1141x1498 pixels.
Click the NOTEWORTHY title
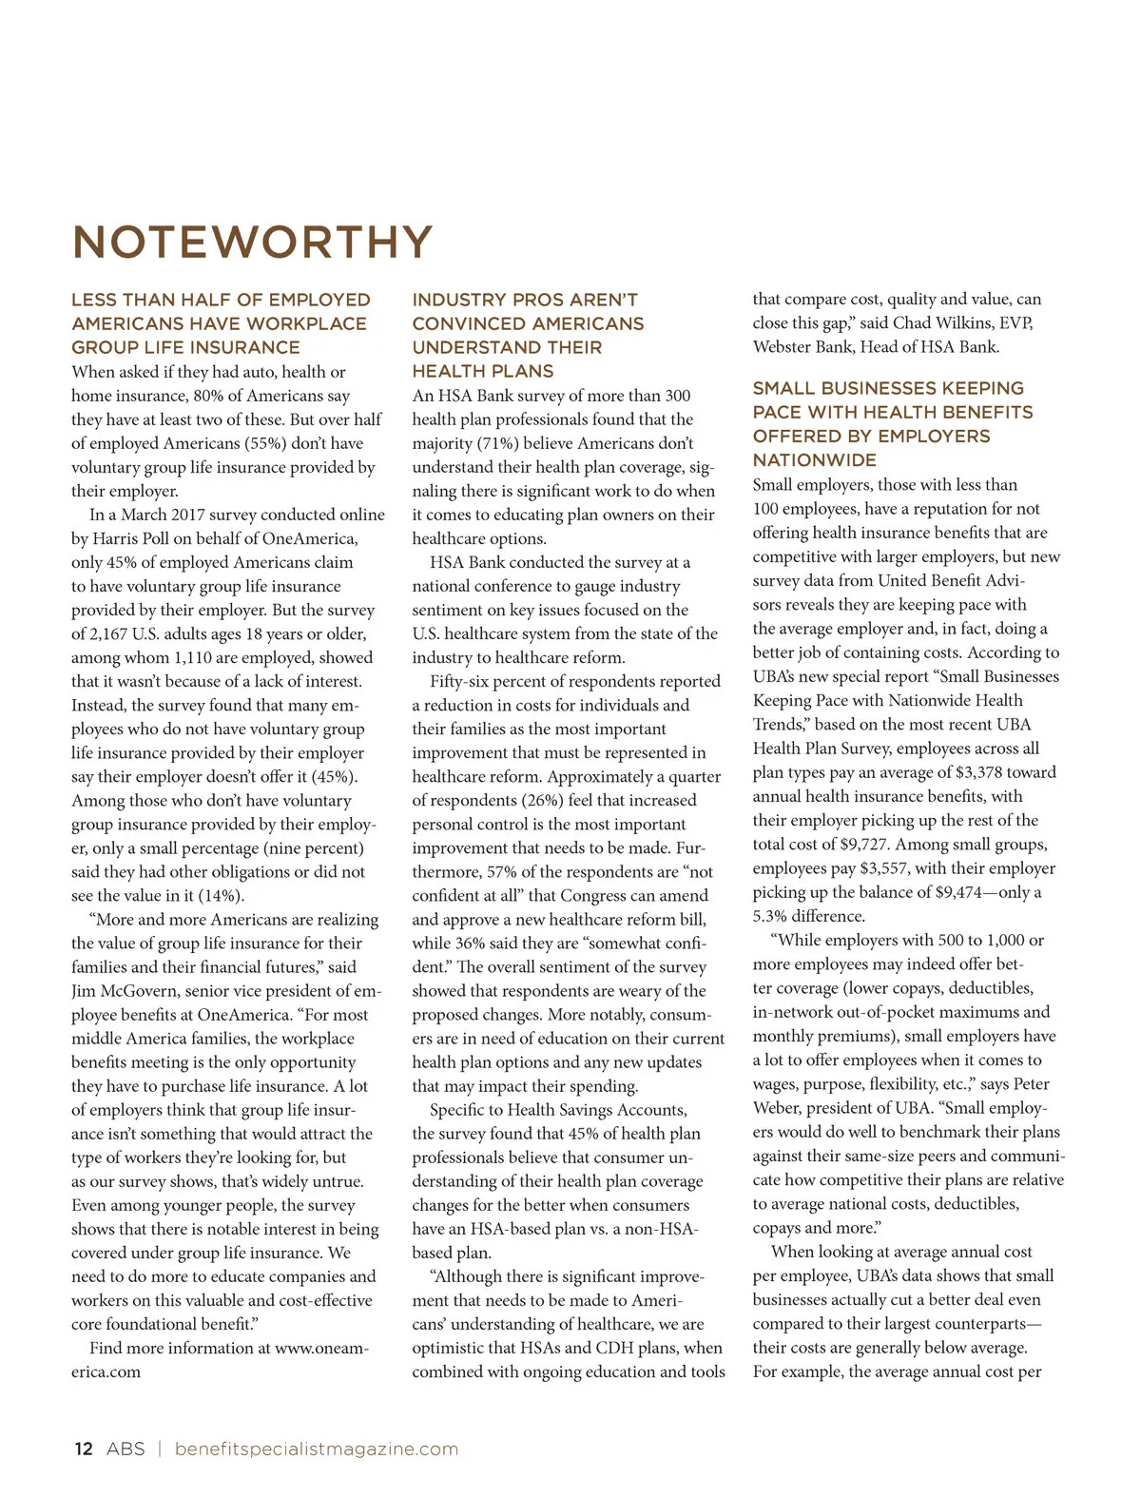point(252,243)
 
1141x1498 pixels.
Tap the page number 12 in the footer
point(84,1449)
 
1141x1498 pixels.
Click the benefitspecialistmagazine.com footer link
point(317,1449)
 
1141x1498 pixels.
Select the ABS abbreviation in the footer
point(126,1449)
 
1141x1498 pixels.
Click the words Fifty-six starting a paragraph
point(463,681)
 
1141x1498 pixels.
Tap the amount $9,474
point(938,892)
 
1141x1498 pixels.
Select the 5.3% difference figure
point(773,916)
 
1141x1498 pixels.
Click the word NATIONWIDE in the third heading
point(814,460)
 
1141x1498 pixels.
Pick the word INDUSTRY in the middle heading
point(458,300)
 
